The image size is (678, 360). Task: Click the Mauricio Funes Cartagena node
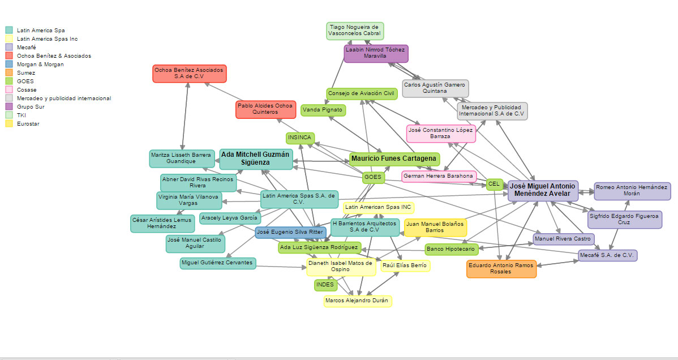tap(393, 158)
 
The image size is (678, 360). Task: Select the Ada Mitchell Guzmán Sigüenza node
tap(256, 158)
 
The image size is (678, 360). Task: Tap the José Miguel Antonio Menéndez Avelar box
tap(543, 190)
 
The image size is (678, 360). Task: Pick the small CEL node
tap(494, 184)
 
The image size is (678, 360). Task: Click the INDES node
tap(325, 285)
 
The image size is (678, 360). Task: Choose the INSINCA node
tap(300, 138)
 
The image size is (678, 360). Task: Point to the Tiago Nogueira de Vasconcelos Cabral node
tap(355, 31)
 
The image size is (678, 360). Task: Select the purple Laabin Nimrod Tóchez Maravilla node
tap(376, 53)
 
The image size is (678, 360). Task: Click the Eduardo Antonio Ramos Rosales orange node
tap(501, 268)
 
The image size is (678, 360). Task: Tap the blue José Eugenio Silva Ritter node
tap(290, 232)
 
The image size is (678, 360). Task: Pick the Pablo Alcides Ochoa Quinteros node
tap(265, 109)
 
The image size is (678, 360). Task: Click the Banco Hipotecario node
tap(451, 249)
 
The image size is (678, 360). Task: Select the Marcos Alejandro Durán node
tap(358, 301)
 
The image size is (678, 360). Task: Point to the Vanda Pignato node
tap(323, 110)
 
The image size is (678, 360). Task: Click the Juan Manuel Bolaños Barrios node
tap(435, 228)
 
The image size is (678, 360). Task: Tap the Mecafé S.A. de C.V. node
tap(607, 255)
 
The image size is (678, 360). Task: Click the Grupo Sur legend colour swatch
tap(9, 106)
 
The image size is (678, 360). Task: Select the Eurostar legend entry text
tap(28, 123)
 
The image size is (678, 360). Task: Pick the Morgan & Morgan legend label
tap(40, 65)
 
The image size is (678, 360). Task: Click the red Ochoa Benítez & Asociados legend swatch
tap(9, 55)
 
